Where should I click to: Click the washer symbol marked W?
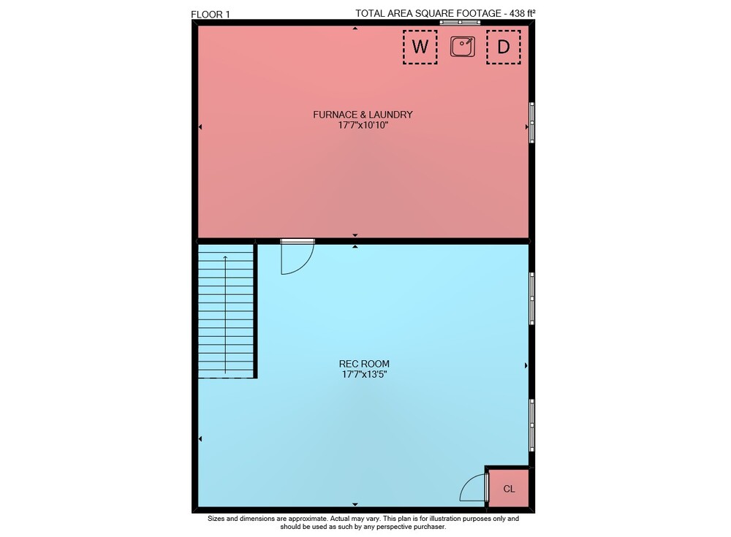(420, 47)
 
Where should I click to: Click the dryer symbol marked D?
(504, 47)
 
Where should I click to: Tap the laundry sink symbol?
(463, 47)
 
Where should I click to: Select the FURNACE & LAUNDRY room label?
(363, 114)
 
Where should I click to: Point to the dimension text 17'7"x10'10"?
(363, 125)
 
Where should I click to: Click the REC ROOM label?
(364, 364)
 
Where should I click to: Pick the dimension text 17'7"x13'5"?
(364, 374)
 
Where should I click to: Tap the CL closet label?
(509, 489)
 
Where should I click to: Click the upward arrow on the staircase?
(226, 314)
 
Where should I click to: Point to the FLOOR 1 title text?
(211, 15)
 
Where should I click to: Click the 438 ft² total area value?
(523, 13)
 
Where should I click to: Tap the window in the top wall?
(460, 22)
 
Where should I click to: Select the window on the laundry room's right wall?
(531, 123)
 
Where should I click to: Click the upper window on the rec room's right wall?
(531, 298)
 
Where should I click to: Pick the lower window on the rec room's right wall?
(531, 425)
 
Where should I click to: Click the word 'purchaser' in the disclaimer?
(431, 527)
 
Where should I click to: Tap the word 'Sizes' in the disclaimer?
(216, 518)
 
